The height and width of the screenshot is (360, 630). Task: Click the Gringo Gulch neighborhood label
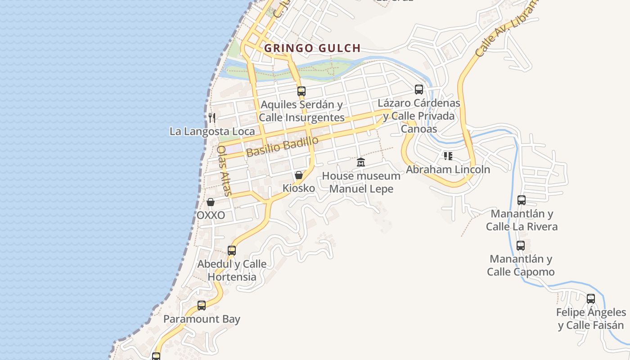pyautogui.click(x=312, y=48)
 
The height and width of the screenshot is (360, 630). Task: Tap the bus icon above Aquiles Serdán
pyautogui.click(x=301, y=91)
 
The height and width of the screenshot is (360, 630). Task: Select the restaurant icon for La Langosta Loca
pyautogui.click(x=212, y=118)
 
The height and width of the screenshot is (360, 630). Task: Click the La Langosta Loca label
pyautogui.click(x=212, y=131)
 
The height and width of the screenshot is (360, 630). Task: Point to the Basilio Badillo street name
pyautogui.click(x=282, y=147)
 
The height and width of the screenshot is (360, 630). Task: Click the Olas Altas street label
pyautogui.click(x=224, y=171)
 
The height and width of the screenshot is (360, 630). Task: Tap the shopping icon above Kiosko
pyautogui.click(x=299, y=175)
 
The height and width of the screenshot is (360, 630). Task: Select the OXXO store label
pyautogui.click(x=211, y=215)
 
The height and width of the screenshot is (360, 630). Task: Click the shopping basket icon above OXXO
pyautogui.click(x=210, y=202)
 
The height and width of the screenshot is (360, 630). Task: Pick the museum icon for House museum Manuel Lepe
pyautogui.click(x=361, y=162)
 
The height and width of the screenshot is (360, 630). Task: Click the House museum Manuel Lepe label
pyautogui.click(x=361, y=182)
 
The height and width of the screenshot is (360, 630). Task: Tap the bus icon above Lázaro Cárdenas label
pyautogui.click(x=419, y=90)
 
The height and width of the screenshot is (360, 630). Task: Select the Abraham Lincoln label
pyautogui.click(x=448, y=170)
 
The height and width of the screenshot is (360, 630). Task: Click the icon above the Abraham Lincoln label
pyautogui.click(x=448, y=156)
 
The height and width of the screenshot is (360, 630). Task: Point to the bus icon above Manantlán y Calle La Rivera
pyautogui.click(x=522, y=200)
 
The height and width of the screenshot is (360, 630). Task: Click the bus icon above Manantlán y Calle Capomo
pyautogui.click(x=521, y=246)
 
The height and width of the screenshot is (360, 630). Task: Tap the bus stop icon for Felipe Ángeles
pyautogui.click(x=591, y=298)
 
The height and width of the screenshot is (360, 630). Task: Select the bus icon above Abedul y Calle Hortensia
pyautogui.click(x=232, y=251)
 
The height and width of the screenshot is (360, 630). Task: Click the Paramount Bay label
pyautogui.click(x=202, y=319)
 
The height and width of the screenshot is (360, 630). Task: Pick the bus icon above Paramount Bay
pyautogui.click(x=202, y=306)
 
